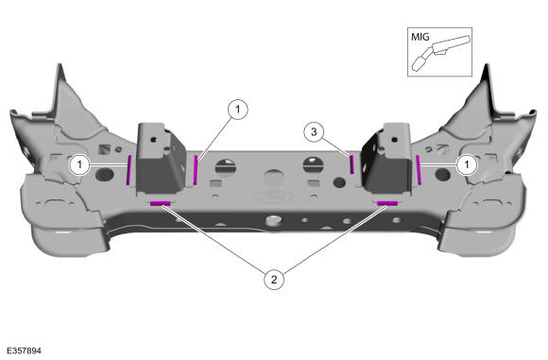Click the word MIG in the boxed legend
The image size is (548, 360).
420,37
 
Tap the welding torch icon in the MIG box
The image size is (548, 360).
439,52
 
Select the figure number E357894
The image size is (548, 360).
24,351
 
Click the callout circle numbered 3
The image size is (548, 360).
314,131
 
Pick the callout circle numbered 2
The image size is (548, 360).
274,280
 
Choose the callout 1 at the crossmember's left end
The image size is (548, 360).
79,163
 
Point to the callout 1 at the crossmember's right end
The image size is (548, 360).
467,163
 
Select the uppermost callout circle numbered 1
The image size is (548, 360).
238,110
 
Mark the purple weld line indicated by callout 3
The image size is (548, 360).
352,164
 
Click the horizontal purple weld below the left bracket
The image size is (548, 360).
161,203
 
